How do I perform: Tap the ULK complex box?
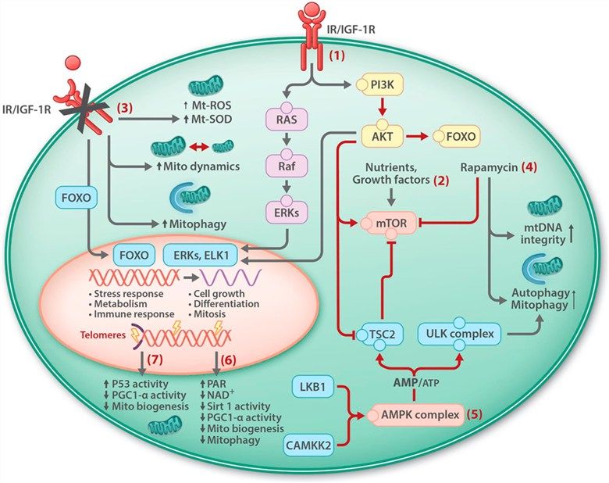pyautogui.click(x=462, y=335)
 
